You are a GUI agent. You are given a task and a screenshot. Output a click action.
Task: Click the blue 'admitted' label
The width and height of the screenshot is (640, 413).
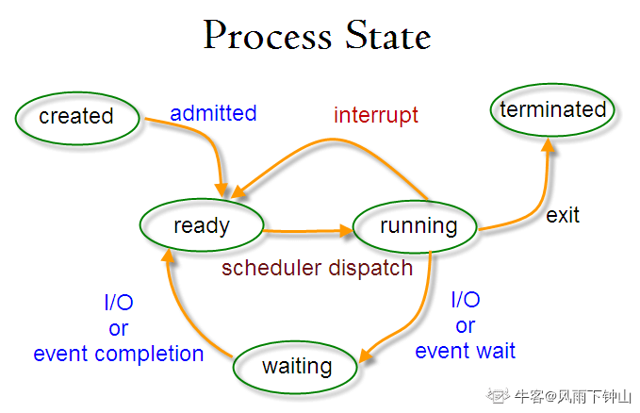coord(213,113)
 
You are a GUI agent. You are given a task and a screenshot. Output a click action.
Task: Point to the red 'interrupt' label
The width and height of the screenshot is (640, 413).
coord(376,115)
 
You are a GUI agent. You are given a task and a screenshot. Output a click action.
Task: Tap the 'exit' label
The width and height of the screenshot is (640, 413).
coord(563,215)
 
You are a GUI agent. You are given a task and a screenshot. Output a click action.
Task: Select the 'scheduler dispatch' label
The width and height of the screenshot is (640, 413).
coord(317,269)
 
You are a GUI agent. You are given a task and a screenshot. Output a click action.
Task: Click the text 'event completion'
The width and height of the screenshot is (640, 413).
coord(119,354)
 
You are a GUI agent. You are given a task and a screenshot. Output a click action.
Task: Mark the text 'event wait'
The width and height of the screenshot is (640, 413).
coord(466,351)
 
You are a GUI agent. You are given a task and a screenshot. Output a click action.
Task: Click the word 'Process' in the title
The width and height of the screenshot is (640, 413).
coord(268,36)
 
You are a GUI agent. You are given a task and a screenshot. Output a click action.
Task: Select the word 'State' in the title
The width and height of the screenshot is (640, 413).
coord(388,36)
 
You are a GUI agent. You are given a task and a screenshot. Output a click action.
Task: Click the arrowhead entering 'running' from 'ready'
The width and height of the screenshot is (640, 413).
coord(347,231)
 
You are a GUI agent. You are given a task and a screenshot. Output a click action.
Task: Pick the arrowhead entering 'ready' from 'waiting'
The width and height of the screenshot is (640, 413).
coord(168,256)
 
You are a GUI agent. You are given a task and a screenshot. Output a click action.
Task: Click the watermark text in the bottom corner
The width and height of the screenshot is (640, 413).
coord(558,396)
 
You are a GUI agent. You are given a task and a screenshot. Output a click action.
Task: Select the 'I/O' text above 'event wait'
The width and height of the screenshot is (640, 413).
coord(466,300)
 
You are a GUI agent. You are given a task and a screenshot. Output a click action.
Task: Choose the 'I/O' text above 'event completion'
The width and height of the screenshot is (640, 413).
coord(119,303)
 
